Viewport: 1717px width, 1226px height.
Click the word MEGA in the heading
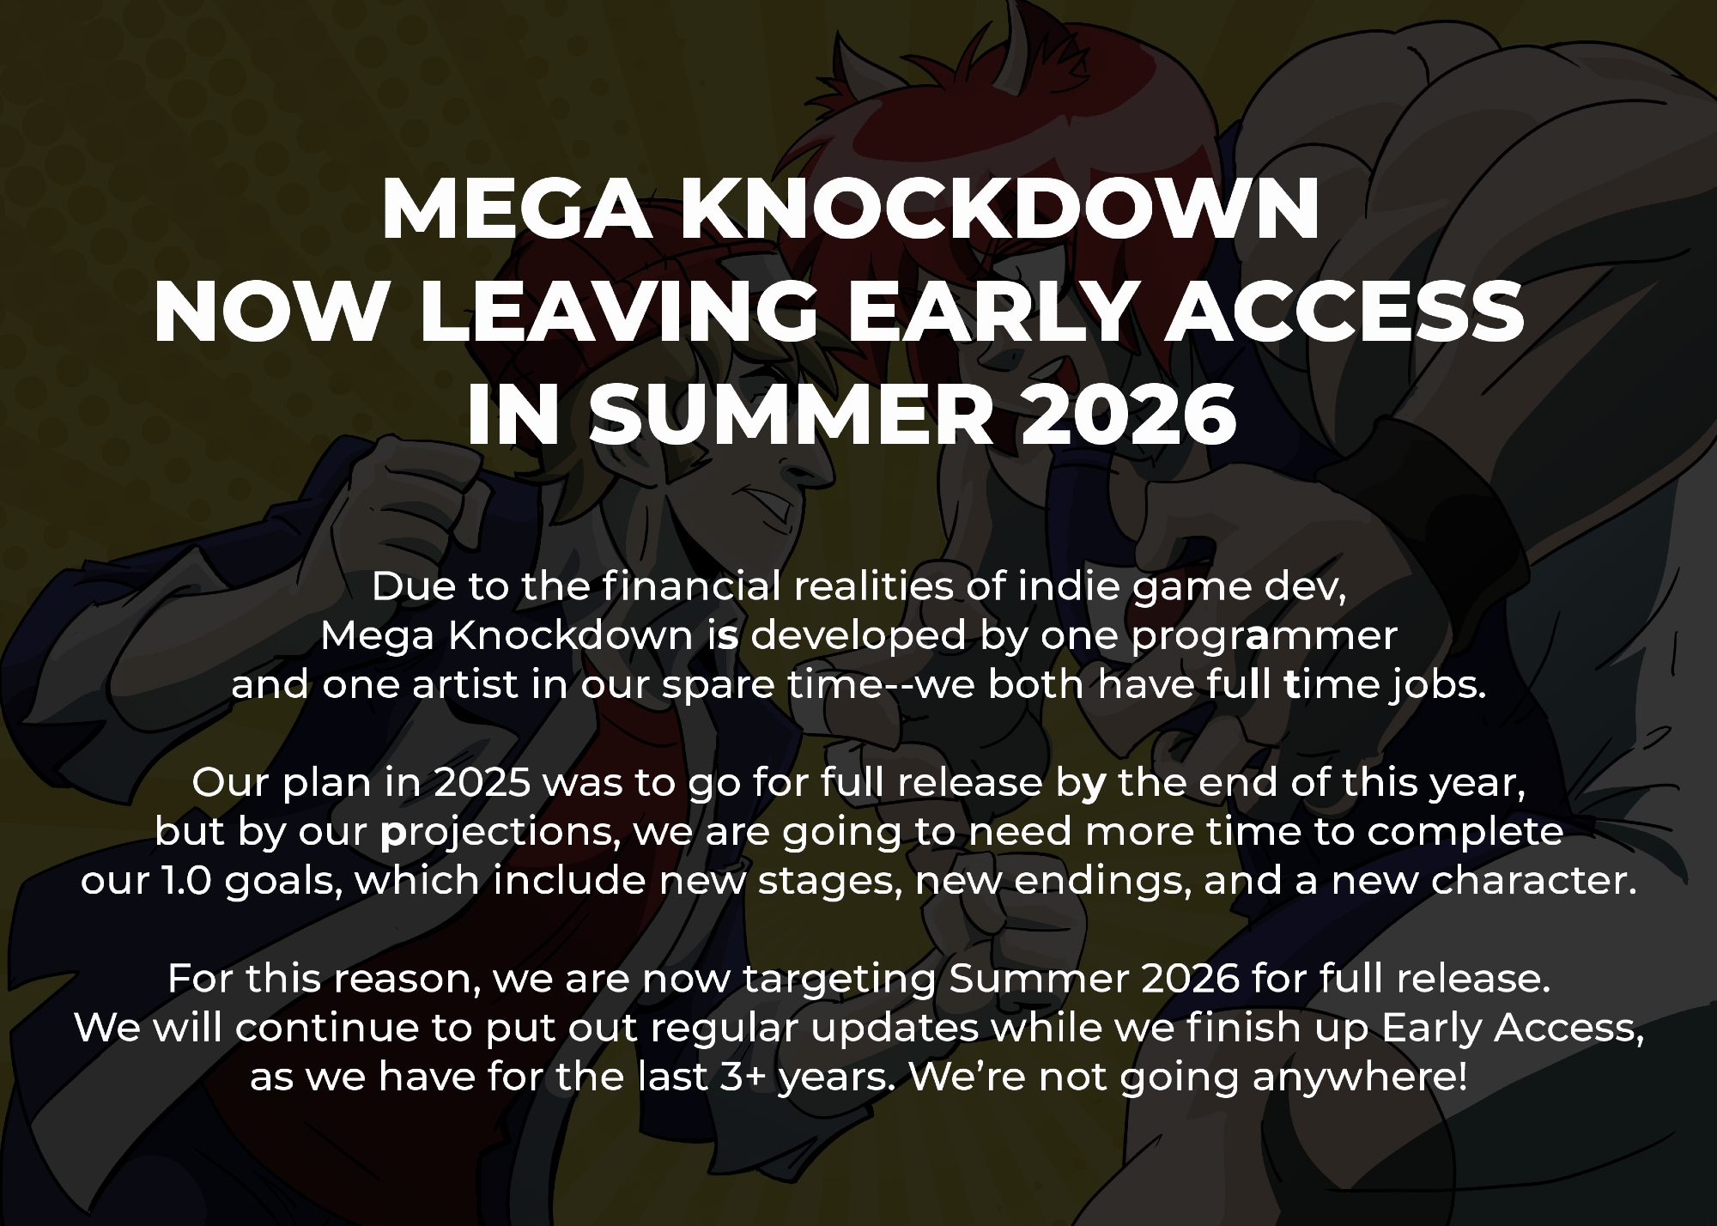pyautogui.click(x=516, y=210)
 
